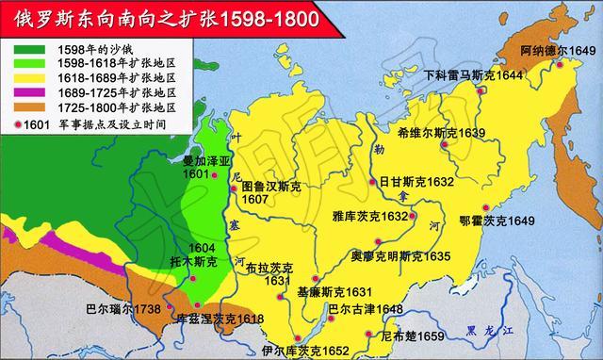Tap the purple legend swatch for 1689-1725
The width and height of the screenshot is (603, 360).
(30, 92)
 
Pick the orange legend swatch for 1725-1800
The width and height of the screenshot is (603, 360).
(30, 108)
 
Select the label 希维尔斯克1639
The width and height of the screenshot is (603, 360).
(441, 133)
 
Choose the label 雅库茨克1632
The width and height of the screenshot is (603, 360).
(369, 216)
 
